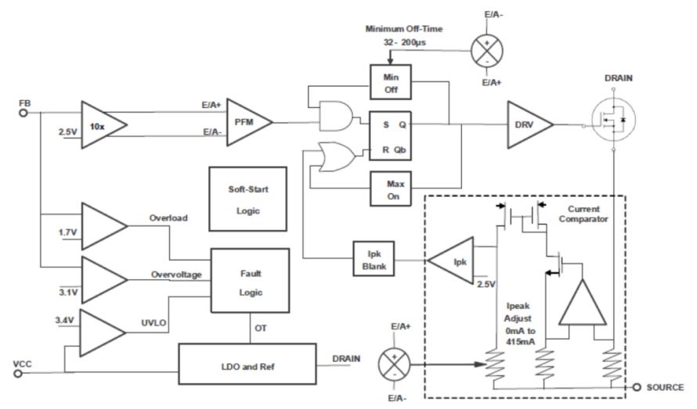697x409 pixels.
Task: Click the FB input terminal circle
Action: pos(23,113)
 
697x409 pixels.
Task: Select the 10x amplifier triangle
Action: pos(103,125)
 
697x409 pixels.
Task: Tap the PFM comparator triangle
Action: pos(248,122)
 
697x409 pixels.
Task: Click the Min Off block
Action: pos(391,83)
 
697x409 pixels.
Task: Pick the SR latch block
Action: pos(391,136)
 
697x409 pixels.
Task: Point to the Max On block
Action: pos(391,188)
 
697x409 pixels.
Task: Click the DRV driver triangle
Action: pos(530,125)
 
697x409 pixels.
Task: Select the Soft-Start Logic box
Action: pos(248,199)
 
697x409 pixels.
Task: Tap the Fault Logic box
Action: pos(251,281)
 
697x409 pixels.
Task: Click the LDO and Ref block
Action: pos(247,364)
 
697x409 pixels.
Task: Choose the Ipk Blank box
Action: pos(374,259)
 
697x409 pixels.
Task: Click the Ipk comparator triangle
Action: pos(451,260)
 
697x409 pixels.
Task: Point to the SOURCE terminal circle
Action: pos(637,387)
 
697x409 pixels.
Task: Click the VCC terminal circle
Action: pos(18,374)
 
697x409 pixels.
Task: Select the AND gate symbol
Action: pos(336,117)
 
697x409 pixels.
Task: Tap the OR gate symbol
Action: pos(338,156)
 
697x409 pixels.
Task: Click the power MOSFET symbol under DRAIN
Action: pos(613,120)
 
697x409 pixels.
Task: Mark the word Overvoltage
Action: pos(176,275)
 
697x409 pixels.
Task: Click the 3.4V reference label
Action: pos(64,320)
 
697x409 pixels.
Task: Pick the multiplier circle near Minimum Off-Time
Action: pos(487,51)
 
